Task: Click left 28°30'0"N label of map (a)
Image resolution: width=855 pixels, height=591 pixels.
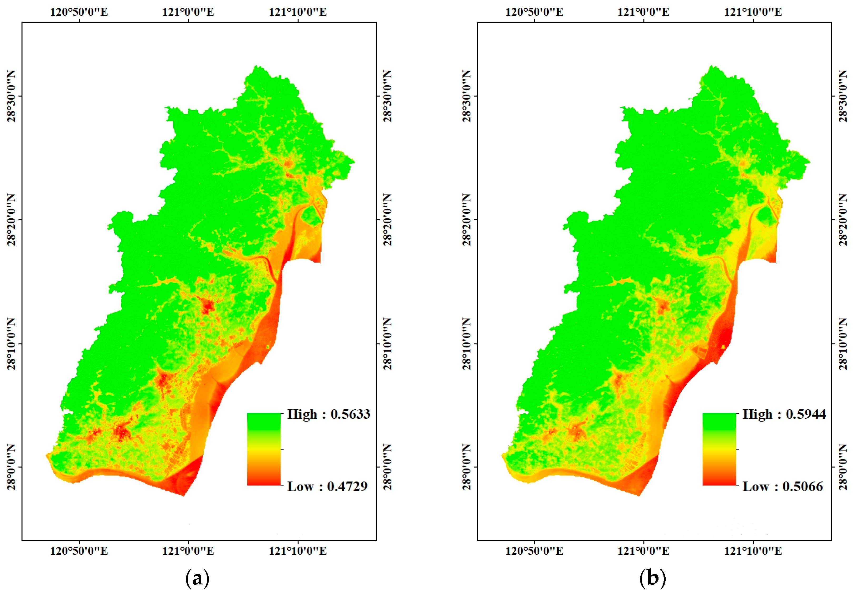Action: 12,96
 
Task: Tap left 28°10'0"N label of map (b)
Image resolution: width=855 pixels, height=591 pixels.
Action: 467,344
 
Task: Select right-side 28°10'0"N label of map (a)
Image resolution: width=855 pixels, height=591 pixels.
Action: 387,344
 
